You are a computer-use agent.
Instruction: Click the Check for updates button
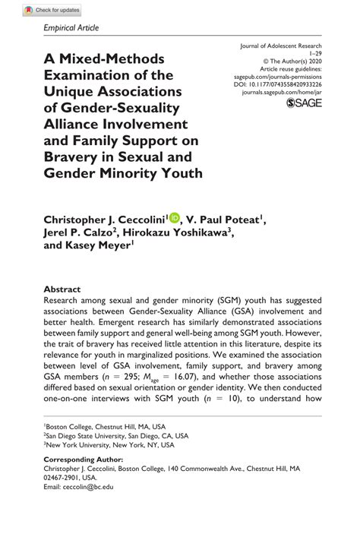point(52,10)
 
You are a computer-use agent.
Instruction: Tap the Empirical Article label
point(72,28)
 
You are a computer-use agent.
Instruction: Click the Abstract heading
point(62,289)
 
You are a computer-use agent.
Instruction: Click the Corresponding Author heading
point(83,460)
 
